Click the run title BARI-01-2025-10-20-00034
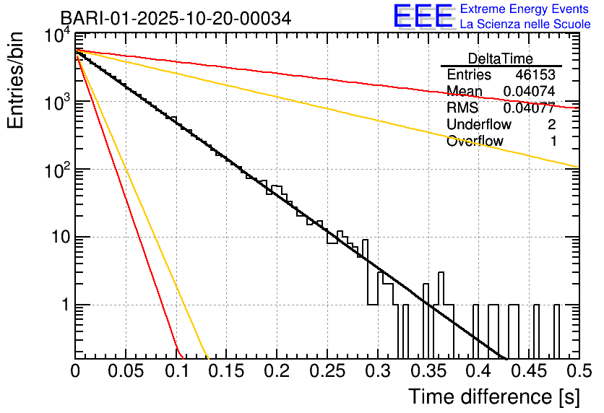[176, 18]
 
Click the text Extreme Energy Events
[525, 9]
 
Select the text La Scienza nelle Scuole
[525, 24]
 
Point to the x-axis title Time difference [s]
[493, 396]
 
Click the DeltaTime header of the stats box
[501, 58]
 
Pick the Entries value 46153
[536, 75]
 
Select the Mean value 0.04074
[529, 91]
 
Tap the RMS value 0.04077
[529, 108]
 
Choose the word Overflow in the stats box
[475, 141]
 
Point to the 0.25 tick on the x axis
[327, 372]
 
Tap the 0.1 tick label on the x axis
[176, 372]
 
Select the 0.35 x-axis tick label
[428, 372]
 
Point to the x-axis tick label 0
[76, 372]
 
